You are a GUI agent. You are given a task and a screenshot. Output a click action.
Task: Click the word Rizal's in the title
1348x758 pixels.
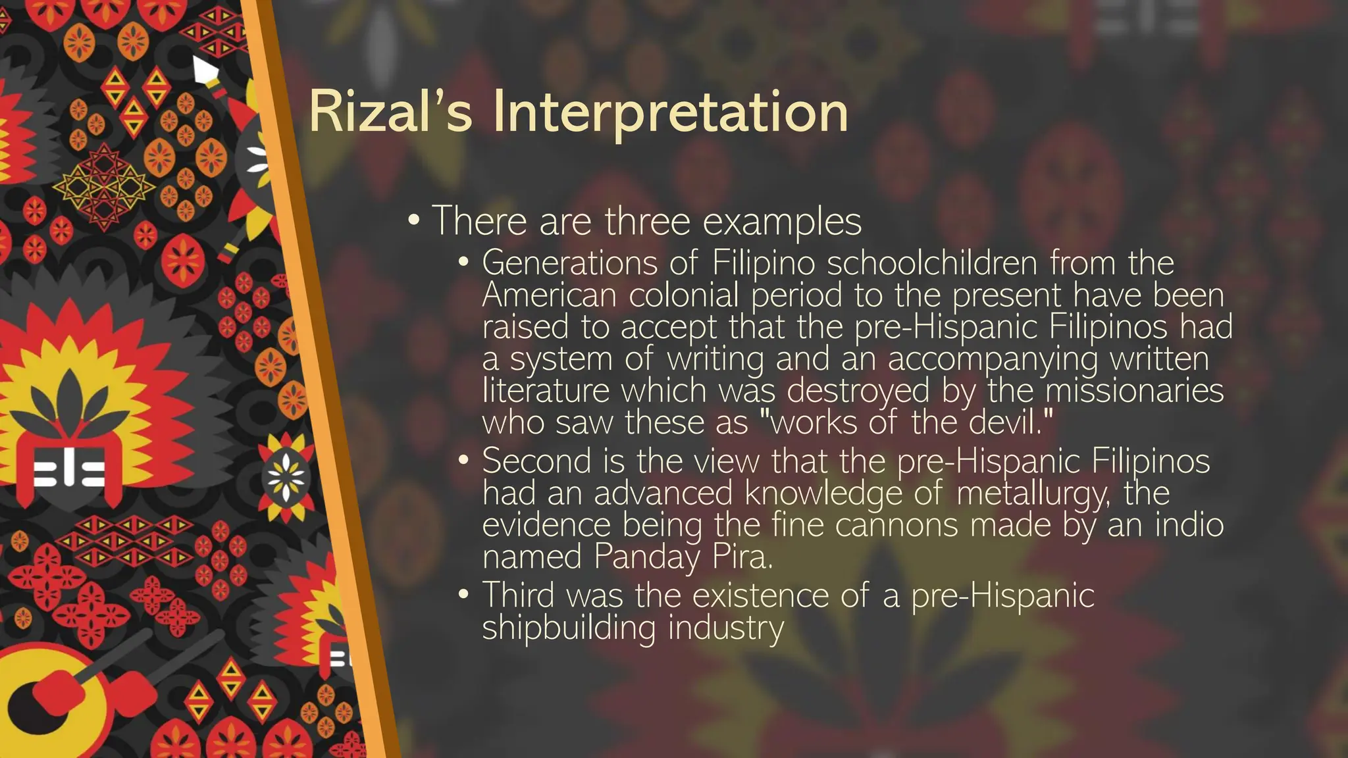click(390, 112)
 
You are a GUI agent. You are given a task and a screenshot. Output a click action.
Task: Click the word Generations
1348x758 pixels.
click(570, 263)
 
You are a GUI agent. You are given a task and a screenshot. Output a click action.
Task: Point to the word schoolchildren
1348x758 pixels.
click(932, 263)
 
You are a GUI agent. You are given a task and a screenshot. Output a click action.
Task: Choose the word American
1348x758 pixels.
click(549, 295)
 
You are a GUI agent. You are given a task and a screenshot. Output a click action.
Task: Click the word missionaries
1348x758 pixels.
click(1134, 390)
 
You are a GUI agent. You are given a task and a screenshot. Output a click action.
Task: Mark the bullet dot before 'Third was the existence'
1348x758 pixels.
click(464, 595)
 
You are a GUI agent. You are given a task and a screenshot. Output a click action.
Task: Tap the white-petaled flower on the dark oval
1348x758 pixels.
click(286, 476)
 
